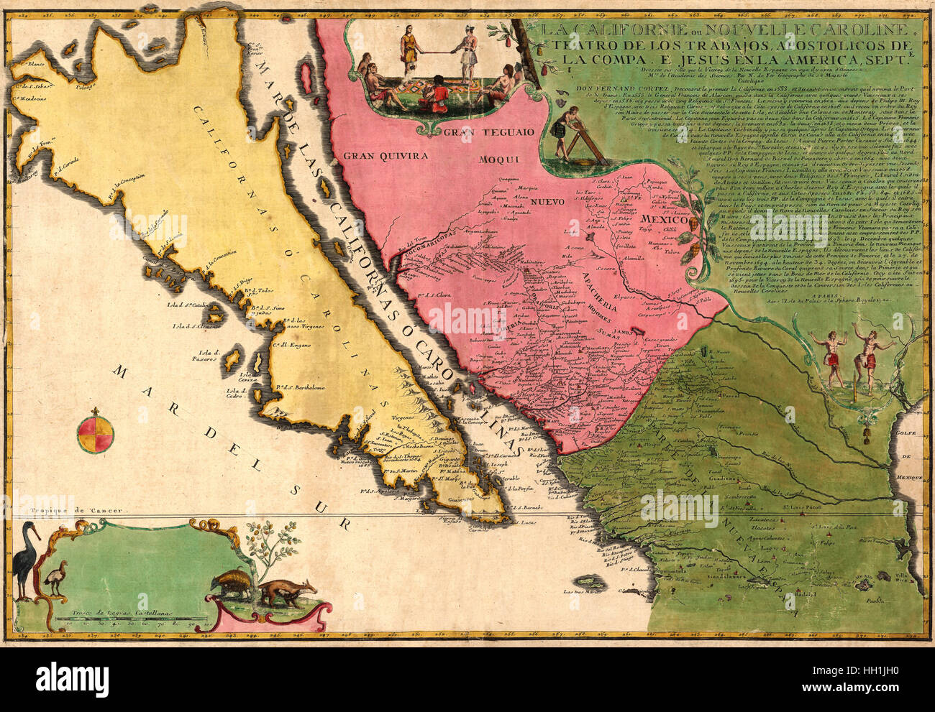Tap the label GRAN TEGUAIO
click(488, 132)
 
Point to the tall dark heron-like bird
click(29, 560)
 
